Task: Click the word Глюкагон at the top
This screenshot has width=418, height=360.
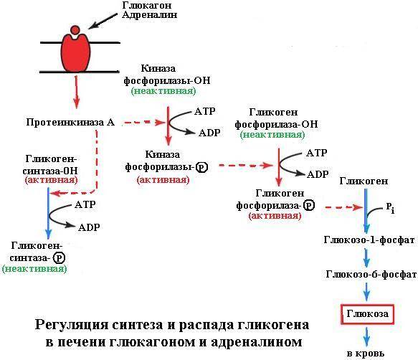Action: pos(146,5)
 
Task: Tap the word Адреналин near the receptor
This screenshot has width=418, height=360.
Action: pos(150,14)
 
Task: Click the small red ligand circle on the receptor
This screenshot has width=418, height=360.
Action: pos(75,29)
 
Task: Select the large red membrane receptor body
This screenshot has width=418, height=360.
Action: pos(76,53)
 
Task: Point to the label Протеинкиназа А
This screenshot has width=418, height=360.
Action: pos(70,123)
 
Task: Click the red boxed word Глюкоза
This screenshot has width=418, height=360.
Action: pos(368,314)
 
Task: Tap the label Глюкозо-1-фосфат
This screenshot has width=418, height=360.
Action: pos(369,240)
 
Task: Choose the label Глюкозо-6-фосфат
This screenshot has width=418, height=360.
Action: pos(371,274)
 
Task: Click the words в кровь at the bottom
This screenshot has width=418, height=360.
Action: pos(366,354)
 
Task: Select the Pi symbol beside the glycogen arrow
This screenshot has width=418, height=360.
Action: pos(390,207)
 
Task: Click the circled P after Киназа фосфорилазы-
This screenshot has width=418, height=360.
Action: pos(201,168)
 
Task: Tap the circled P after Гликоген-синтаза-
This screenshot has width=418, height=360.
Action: pos(59,258)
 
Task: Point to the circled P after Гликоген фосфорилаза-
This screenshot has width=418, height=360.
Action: pos(309,205)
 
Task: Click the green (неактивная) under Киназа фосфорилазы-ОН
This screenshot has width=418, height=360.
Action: pos(163,91)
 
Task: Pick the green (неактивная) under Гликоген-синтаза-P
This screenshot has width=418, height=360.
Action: pos(34,268)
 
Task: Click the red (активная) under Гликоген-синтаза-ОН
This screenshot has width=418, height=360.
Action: pos(51,180)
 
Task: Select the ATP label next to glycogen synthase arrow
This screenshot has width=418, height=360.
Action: pos(85,204)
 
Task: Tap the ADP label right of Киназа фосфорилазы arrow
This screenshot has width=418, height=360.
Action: pos(209,133)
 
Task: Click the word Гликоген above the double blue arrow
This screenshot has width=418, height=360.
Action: pos(364,181)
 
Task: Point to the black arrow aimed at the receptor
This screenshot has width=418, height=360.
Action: pos(103,21)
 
